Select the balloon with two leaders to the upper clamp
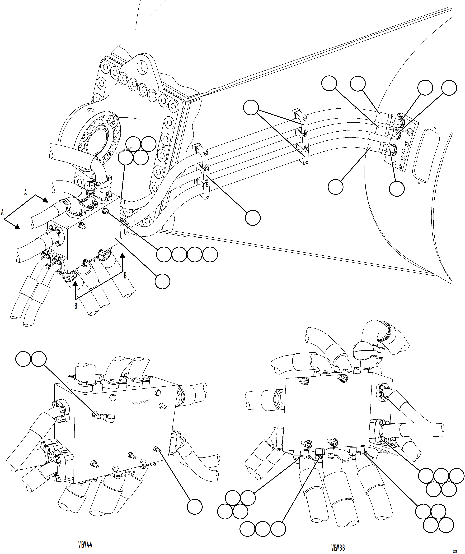pyautogui.click(x=251, y=107)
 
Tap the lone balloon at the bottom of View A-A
pyautogui.click(x=195, y=507)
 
